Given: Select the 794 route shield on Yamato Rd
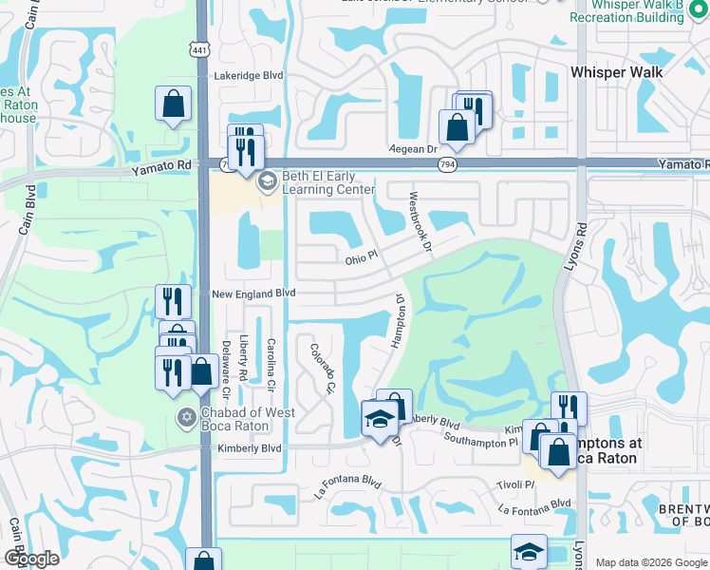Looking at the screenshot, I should pyautogui.click(x=446, y=164).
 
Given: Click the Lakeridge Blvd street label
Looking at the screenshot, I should pyautogui.click(x=249, y=75).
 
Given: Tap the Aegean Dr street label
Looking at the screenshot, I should pyautogui.click(x=412, y=150).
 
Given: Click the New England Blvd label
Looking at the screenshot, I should pyautogui.click(x=253, y=294).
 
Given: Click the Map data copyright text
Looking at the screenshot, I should pyautogui.click(x=651, y=562).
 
